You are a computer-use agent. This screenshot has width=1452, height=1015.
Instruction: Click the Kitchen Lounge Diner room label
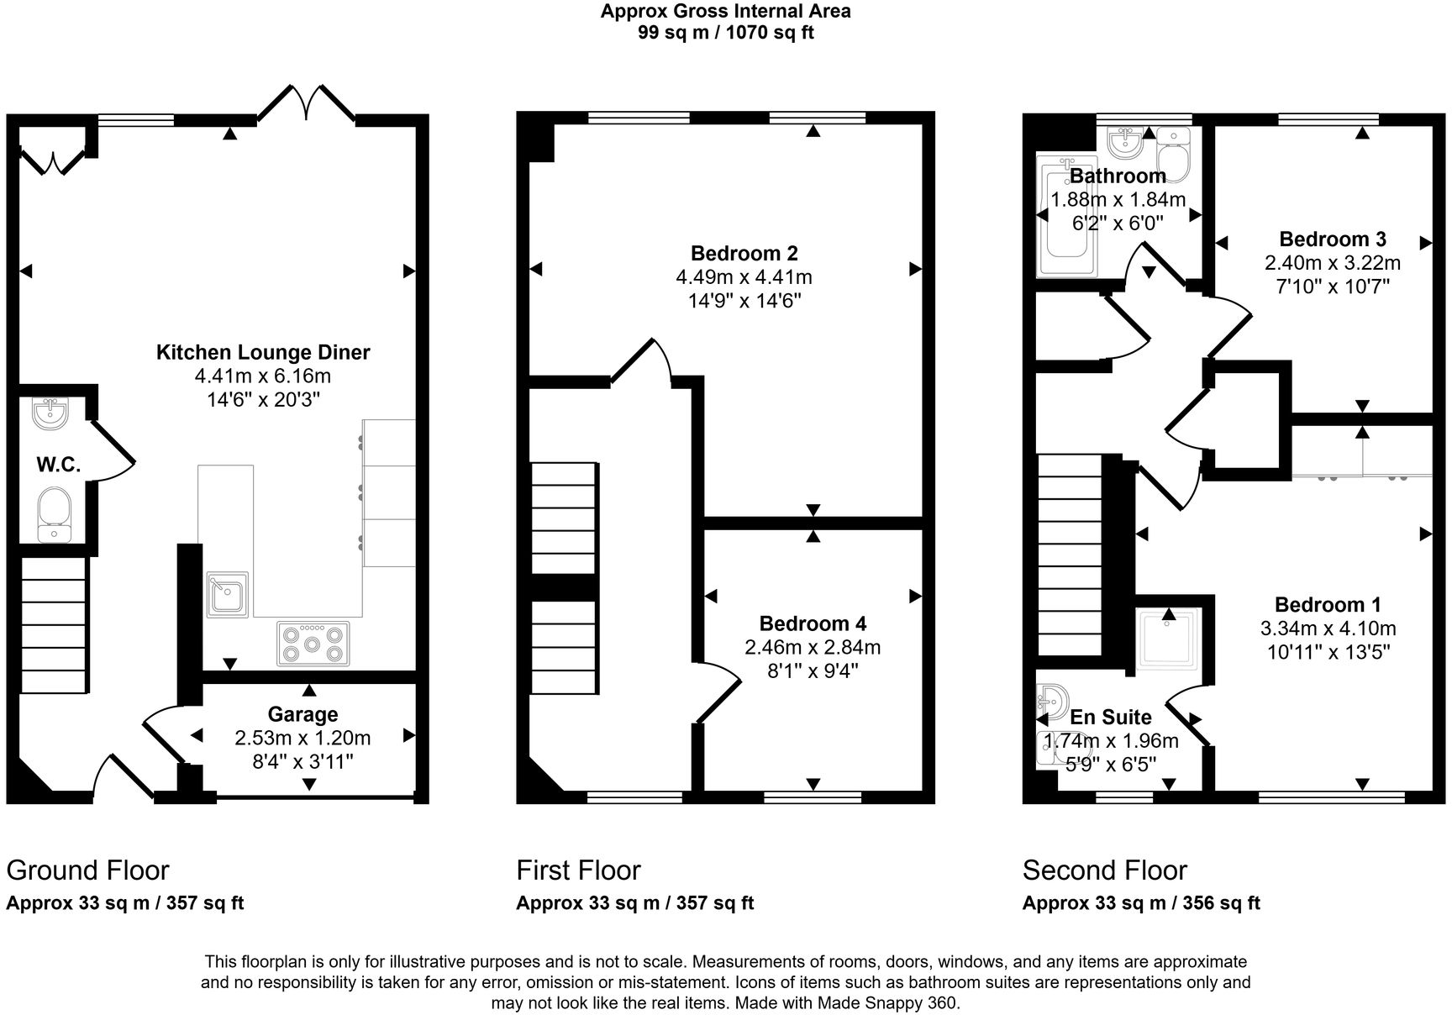tap(263, 352)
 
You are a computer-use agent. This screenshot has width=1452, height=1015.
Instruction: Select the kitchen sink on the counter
tap(227, 594)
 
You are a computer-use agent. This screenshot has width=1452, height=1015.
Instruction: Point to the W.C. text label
tap(58, 465)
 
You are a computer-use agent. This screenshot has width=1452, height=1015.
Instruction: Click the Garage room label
tap(302, 714)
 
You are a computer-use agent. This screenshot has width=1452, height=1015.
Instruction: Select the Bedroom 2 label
tap(744, 253)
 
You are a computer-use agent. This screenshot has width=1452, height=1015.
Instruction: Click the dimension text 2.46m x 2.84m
tap(812, 647)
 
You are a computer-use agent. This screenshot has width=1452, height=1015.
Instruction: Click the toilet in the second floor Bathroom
tap(1173, 155)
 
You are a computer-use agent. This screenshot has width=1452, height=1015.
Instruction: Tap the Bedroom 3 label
tap(1332, 239)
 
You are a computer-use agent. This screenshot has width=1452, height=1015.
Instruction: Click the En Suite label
tap(1110, 717)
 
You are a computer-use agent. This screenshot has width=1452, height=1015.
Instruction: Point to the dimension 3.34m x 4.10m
tap(1328, 628)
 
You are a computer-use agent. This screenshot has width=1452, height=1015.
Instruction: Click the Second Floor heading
tap(1104, 870)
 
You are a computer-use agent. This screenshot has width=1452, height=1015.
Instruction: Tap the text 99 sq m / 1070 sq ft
tap(725, 33)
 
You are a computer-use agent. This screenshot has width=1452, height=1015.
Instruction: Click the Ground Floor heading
tap(87, 870)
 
